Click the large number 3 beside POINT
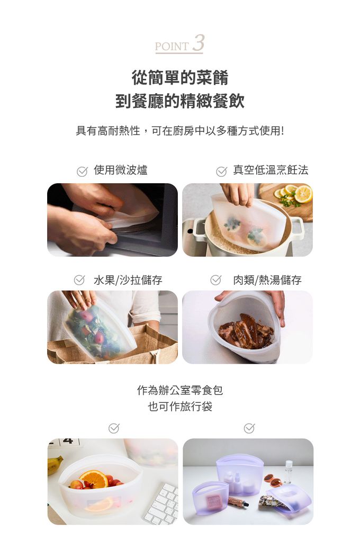[198, 43]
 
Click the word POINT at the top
[172, 47]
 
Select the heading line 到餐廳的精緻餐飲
[180, 101]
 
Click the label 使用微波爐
[121, 170]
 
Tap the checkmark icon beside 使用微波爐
[82, 171]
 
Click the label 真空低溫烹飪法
[271, 170]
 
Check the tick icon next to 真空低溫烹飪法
[222, 171]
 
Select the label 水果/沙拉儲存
[128, 280]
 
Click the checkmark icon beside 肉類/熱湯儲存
[215, 280]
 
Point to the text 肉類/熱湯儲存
[267, 280]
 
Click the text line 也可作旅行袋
[180, 407]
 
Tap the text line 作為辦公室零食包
[180, 391]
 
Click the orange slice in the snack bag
[93, 479]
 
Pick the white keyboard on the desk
[162, 503]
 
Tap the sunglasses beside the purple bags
[272, 480]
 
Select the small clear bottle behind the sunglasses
[288, 471]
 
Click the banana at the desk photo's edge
[55, 464]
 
